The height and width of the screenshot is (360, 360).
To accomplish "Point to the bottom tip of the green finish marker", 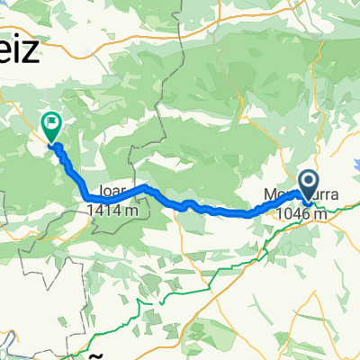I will (x=51, y=143).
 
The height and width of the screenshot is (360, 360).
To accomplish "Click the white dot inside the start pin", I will (x=309, y=182).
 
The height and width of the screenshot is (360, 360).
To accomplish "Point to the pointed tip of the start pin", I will (x=309, y=202).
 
